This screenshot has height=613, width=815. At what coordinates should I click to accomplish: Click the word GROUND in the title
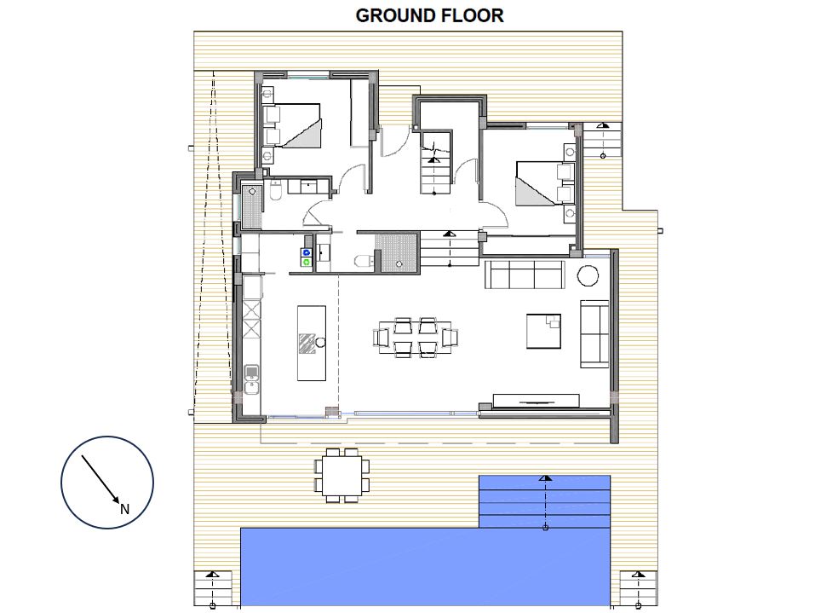coord(393,15)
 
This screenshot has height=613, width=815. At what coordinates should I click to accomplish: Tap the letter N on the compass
coord(124,510)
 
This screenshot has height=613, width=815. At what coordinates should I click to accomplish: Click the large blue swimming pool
coord(425,567)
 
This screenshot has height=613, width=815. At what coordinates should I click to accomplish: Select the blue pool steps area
coord(544,501)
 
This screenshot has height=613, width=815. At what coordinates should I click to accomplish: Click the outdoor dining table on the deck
coord(342,476)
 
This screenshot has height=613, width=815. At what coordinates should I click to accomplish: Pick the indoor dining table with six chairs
coord(416,338)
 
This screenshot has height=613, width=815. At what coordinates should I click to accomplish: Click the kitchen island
coord(312,343)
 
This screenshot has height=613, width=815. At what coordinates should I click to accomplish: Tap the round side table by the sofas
coord(588,275)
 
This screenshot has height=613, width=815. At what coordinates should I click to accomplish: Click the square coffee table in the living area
coord(543,331)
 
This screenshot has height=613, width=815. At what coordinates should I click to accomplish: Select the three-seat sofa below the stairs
coord(524,275)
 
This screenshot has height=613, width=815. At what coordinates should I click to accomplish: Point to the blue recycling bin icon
coord(306,252)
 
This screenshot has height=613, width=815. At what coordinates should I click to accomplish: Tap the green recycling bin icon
coord(306,263)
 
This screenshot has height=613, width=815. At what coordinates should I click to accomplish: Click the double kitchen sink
coord(252,379)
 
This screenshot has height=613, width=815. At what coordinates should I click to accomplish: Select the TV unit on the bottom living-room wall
coord(536,401)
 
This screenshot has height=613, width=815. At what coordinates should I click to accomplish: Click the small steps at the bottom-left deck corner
coord(213,589)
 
